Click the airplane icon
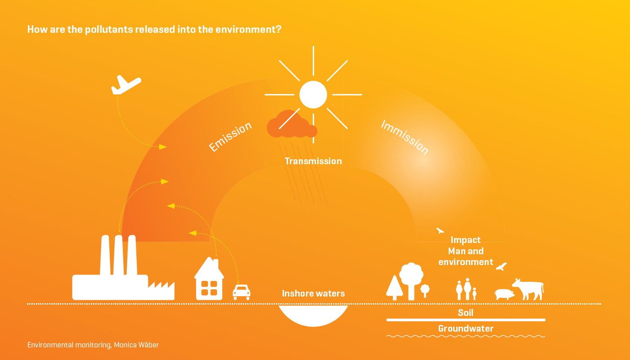pos(126,85)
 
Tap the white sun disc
pos(313,94)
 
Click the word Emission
pos(230,136)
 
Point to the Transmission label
pos(313,161)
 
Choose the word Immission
pos(405,137)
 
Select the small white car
pos(242,292)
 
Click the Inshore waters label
pos(313,293)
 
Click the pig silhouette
pos(504,294)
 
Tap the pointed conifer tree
pos(394,288)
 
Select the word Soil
pos(466,312)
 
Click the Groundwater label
pos(466,328)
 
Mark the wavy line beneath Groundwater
pos(466,336)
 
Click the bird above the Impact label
pos(440,231)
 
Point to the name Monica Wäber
pos(136,345)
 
